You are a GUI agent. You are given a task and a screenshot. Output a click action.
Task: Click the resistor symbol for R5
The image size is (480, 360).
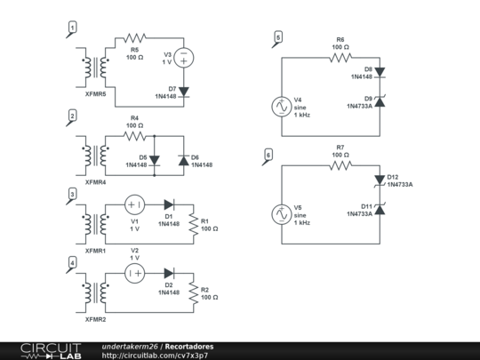point(135,38)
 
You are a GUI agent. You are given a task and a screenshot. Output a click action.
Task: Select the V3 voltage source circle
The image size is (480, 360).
point(184,58)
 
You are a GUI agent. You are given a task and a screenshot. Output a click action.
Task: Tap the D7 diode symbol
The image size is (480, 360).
point(184,92)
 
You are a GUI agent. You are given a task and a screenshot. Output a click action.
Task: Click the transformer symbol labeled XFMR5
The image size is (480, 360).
point(95,68)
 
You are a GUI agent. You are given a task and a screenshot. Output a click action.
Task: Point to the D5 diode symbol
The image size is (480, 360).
point(155,160)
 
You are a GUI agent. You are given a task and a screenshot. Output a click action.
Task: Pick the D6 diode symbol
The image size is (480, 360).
point(184,160)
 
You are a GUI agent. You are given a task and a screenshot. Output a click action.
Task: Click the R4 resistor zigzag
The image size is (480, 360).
point(135,136)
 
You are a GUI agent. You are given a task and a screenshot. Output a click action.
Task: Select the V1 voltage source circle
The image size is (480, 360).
point(135,204)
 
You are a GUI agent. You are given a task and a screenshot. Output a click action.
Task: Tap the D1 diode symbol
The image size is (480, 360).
point(169,204)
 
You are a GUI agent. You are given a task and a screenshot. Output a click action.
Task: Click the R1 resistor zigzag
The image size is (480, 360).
point(194,224)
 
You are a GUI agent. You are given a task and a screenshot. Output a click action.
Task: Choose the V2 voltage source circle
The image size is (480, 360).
point(135,273)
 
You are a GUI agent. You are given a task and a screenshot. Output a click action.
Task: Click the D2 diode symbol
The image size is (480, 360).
point(169,273)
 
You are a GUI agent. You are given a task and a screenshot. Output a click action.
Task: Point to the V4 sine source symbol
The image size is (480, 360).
point(282,107)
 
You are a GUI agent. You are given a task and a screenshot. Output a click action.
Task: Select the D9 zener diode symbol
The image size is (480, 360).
point(380,101)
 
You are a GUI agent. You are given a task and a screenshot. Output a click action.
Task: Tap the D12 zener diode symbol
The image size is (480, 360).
point(380,180)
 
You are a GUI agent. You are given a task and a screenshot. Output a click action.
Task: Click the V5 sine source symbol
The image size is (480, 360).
point(282,214)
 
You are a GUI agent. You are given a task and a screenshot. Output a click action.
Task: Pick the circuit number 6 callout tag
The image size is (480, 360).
point(268,156)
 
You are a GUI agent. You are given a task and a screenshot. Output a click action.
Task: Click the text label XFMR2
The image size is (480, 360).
point(95,319)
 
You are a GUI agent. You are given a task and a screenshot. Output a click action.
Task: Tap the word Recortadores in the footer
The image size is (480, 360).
point(189,347)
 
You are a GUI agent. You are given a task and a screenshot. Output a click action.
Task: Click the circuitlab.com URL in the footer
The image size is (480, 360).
point(155,356)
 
